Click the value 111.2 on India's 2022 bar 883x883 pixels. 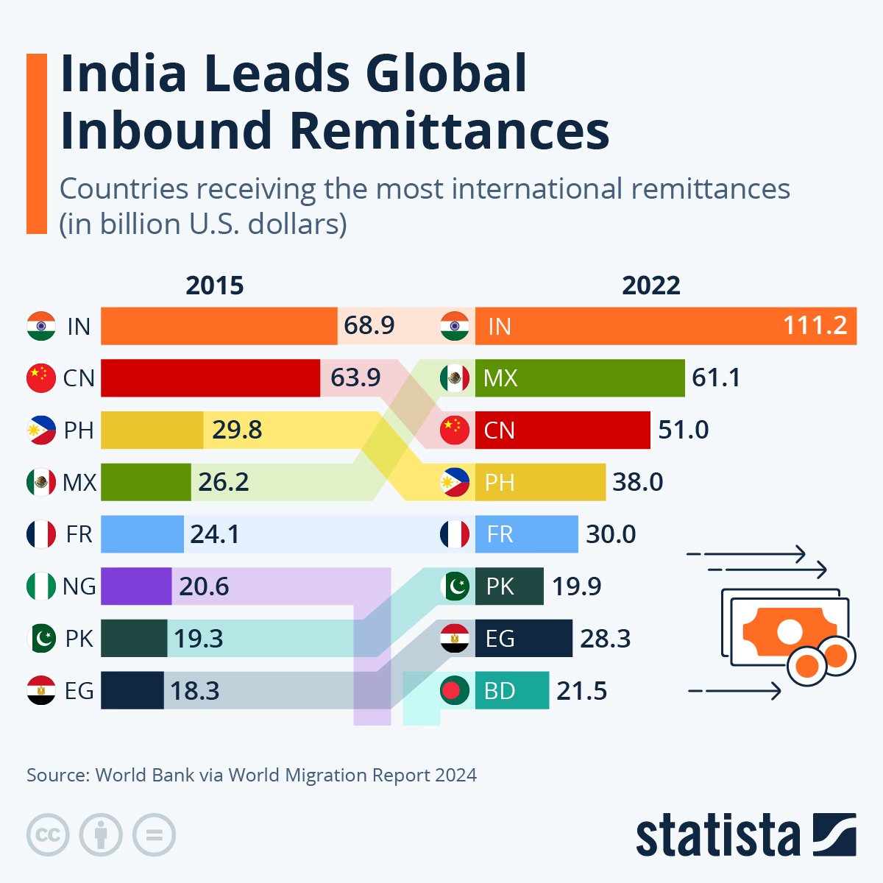point(815,325)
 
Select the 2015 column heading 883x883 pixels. point(214,286)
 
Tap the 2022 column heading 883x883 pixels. point(651,286)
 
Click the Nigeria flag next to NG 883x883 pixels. point(41,586)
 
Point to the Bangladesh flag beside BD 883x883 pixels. point(455,691)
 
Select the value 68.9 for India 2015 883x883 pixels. point(369,325)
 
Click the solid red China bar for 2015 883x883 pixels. point(210,377)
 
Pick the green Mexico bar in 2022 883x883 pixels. point(580,378)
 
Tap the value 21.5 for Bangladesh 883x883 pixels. point(581,691)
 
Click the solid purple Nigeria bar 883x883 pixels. point(136,586)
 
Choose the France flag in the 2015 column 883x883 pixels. point(41,534)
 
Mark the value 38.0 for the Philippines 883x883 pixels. point(637,482)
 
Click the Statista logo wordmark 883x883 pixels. point(717,836)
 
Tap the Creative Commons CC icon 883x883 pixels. point(48,835)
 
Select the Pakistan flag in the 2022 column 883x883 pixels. point(455,586)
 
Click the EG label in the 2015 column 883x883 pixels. point(79,691)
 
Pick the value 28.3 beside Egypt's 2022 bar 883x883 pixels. point(605,639)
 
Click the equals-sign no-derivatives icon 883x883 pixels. point(154,835)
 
